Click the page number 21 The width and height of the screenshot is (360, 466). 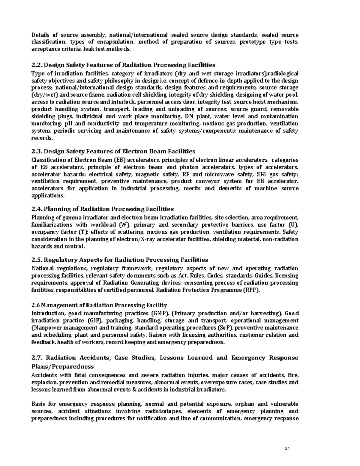pyautogui.click(x=287, y=449)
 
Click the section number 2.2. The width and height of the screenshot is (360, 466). pyautogui.click(x=37, y=65)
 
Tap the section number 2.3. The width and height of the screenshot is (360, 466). pyautogui.click(x=37, y=151)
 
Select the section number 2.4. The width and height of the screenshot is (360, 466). pyautogui.click(x=37, y=209)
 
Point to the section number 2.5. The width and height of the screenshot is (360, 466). pyautogui.click(x=37, y=260)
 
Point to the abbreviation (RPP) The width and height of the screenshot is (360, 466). pyautogui.click(x=252, y=290)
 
